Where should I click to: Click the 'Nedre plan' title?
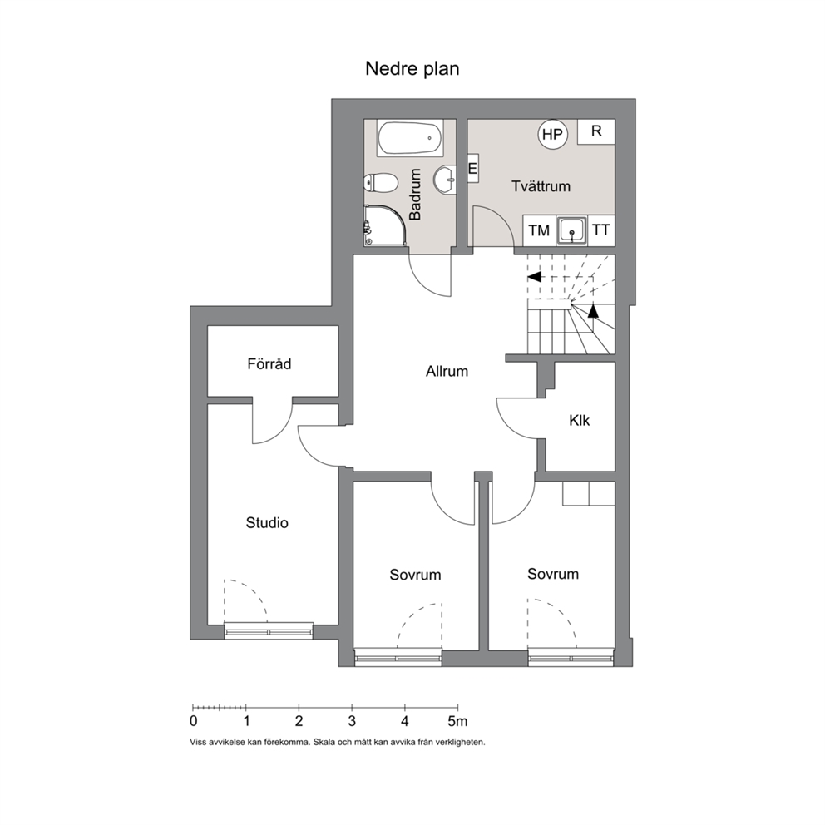click(412, 69)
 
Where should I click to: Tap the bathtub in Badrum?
click(410, 138)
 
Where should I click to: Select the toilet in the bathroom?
click(380, 183)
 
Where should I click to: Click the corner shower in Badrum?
click(385, 225)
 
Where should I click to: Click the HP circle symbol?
click(552, 134)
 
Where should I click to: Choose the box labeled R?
click(596, 131)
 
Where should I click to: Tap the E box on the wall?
click(472, 168)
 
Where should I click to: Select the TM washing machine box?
click(539, 230)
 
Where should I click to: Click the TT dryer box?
click(600, 230)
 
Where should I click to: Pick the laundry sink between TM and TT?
click(571, 230)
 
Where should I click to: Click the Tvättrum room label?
click(541, 186)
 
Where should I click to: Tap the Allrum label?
click(447, 372)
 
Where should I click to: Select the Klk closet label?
click(580, 420)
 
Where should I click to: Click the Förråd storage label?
click(269, 363)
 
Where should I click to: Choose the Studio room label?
click(267, 522)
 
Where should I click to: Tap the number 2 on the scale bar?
click(299, 721)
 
